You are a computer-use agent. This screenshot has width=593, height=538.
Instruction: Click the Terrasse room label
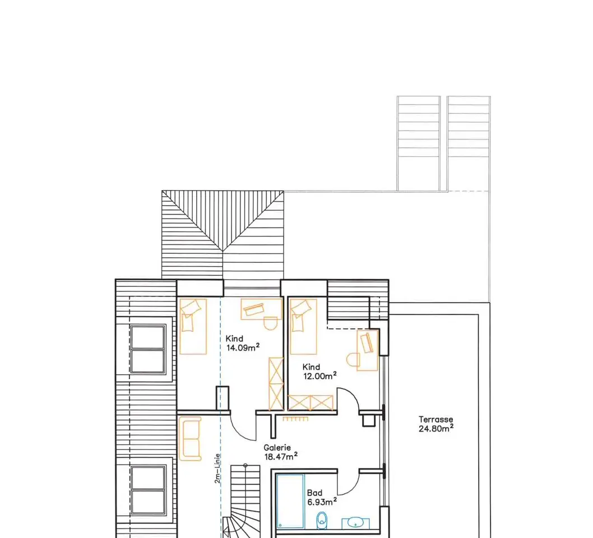(436, 419)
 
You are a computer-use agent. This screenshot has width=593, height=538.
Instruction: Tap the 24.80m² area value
(436, 428)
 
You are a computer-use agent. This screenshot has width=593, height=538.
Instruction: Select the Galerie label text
(277, 448)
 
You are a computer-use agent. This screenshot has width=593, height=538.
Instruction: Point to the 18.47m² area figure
(281, 456)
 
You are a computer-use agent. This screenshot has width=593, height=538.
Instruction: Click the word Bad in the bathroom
(314, 493)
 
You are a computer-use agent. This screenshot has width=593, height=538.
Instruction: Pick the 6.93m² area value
(322, 502)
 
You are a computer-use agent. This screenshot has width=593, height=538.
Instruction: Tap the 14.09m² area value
(243, 347)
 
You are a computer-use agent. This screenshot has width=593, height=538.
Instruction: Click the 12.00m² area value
(320, 376)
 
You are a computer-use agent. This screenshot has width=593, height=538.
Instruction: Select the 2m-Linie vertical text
(217, 469)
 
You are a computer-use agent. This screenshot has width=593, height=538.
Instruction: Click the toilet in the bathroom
(322, 520)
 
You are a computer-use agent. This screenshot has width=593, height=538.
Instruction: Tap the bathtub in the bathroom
(290, 501)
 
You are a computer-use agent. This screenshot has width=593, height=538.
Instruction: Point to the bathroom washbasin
(355, 523)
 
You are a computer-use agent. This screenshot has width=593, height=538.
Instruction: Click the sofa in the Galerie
(190, 439)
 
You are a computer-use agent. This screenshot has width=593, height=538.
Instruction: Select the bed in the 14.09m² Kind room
(193, 326)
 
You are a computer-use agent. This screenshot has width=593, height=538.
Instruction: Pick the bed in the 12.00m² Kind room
(303, 326)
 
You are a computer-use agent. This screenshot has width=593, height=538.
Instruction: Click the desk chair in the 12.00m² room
(353, 360)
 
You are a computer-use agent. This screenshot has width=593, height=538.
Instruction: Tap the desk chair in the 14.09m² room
(270, 323)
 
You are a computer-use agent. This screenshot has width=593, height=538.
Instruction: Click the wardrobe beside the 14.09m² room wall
(276, 383)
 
